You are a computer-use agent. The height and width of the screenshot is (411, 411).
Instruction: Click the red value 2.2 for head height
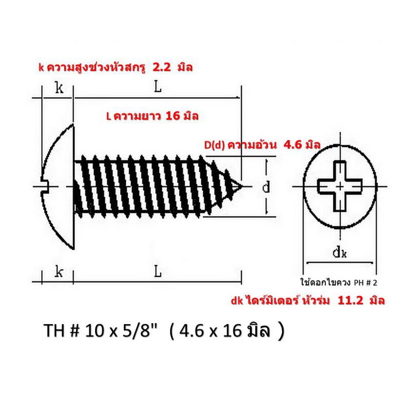pyautogui.click(x=161, y=68)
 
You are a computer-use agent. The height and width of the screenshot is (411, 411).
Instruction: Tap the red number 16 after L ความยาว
pyautogui.click(x=173, y=116)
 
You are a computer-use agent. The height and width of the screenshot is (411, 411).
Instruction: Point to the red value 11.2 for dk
pyautogui.click(x=350, y=301)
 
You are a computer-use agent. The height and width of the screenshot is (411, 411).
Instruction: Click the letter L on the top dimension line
pyautogui.click(x=157, y=87)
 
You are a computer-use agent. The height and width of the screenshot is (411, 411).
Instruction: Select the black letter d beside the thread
pyautogui.click(x=266, y=187)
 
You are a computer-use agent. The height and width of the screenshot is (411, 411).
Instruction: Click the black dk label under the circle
pyautogui.click(x=340, y=253)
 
